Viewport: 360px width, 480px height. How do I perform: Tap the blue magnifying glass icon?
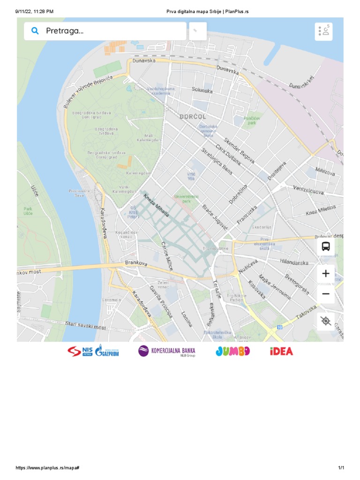35,31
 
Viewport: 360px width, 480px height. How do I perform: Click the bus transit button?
326,246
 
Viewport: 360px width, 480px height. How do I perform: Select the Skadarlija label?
262,226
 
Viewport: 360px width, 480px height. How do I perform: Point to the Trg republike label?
216,248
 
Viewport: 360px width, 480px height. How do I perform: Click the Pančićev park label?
252,120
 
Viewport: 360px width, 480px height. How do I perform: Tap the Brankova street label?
136,264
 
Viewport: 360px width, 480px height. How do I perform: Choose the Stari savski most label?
85,325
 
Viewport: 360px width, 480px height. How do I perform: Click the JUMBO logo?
232,351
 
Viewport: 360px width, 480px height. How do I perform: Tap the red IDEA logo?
281,351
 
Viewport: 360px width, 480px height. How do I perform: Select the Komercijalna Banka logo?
167,351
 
